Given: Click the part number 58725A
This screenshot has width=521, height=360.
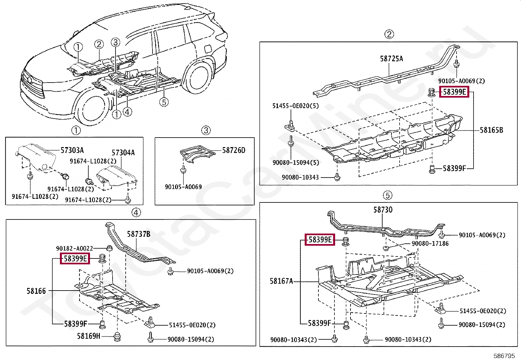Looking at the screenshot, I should click(x=391, y=59).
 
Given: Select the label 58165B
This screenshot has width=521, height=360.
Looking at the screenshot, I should click(x=491, y=130).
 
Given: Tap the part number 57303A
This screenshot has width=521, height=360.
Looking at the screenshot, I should click(x=72, y=150).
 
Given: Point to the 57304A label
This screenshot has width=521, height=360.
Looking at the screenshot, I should click(x=123, y=153).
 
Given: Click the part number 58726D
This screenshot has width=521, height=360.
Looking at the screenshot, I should click(x=234, y=150).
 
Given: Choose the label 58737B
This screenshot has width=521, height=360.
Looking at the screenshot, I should click(x=138, y=234).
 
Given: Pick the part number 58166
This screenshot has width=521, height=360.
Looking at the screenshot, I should click(x=36, y=291).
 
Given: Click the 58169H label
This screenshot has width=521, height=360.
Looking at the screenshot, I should click(x=89, y=336).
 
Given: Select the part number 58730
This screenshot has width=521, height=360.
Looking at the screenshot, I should click(x=383, y=210).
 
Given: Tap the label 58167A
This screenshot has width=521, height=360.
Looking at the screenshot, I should click(x=281, y=281).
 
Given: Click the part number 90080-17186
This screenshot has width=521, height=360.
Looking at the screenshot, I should click(x=430, y=243).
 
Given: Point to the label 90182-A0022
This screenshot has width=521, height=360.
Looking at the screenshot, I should click(x=75, y=248).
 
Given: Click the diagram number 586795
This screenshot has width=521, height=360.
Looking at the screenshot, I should click(x=504, y=356).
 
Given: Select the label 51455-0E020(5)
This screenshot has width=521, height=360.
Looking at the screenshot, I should click(x=295, y=106).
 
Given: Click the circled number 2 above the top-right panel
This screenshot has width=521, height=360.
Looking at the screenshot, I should click(x=389, y=34).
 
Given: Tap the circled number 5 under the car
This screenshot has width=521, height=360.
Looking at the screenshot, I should click(x=164, y=102).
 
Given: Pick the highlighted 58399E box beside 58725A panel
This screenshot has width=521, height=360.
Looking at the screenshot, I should click(x=454, y=92).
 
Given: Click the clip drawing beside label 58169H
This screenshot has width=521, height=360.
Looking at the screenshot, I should click(x=117, y=336).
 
